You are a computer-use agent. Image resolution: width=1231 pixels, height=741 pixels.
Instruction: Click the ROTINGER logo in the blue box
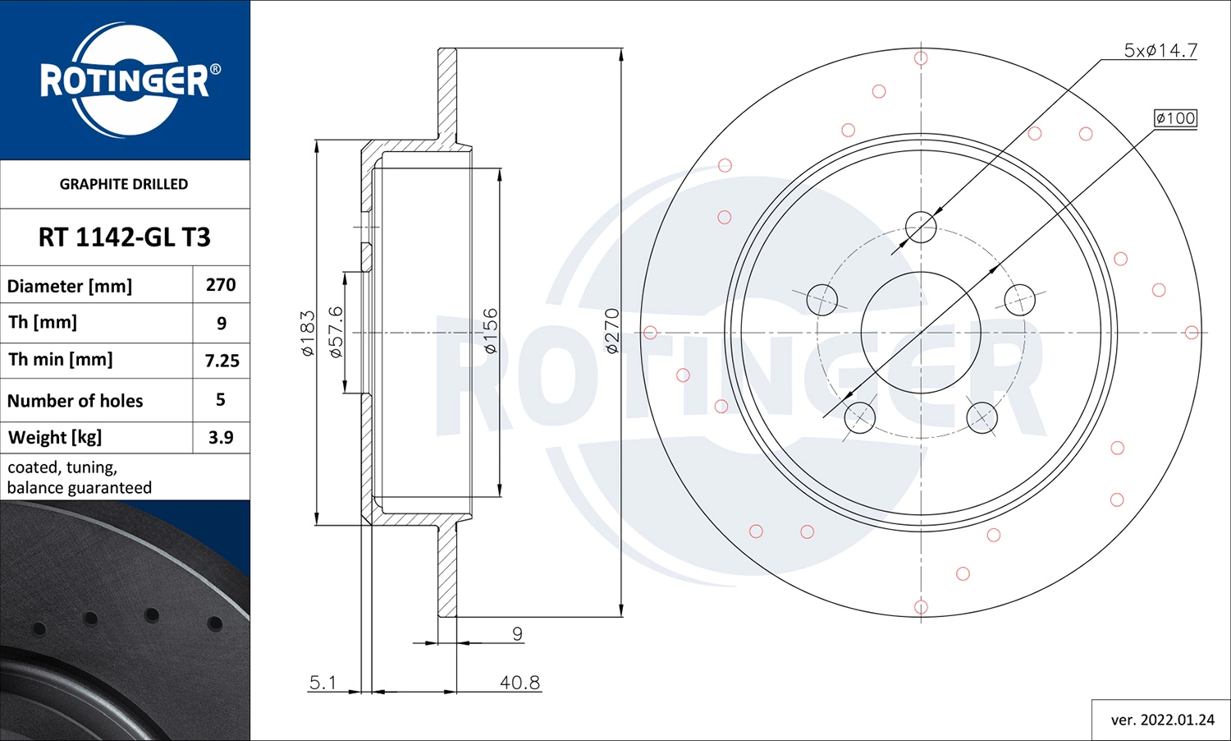click(x=125, y=81)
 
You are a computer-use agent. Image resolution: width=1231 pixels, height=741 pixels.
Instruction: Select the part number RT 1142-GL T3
click(x=125, y=237)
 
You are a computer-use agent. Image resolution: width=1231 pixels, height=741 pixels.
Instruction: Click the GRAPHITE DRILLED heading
click(x=124, y=184)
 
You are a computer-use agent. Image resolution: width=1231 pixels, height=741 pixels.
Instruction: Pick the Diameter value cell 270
click(x=221, y=285)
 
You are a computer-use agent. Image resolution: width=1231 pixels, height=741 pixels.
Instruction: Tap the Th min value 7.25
click(x=222, y=361)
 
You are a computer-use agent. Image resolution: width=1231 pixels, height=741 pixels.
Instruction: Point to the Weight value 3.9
click(x=221, y=437)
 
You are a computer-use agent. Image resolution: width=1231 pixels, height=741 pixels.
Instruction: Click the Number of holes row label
click(x=76, y=401)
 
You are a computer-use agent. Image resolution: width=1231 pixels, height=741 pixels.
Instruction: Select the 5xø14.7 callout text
click(x=1160, y=51)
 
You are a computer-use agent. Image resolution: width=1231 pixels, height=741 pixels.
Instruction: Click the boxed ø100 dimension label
click(x=1175, y=118)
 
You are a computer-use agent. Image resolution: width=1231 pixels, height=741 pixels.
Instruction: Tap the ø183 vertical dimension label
click(x=308, y=333)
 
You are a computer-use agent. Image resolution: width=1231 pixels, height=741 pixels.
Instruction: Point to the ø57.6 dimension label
click(x=336, y=332)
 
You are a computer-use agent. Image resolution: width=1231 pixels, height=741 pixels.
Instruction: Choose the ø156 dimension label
click(x=490, y=331)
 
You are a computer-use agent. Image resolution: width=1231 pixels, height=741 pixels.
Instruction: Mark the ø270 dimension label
click(x=611, y=331)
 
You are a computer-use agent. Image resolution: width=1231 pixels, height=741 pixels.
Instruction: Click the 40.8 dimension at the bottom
click(x=519, y=682)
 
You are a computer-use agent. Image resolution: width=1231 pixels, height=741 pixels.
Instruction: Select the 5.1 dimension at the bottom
click(x=323, y=682)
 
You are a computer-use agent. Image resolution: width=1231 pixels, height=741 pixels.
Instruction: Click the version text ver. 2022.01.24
click(x=1162, y=720)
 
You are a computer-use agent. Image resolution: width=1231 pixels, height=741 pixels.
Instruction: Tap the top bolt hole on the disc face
click(x=921, y=227)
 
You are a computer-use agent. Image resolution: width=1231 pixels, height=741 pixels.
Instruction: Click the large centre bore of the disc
click(x=921, y=333)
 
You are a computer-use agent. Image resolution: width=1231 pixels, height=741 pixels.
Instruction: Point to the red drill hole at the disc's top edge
click(x=921, y=58)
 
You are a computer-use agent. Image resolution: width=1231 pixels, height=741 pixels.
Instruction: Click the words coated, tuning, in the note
click(x=62, y=467)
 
